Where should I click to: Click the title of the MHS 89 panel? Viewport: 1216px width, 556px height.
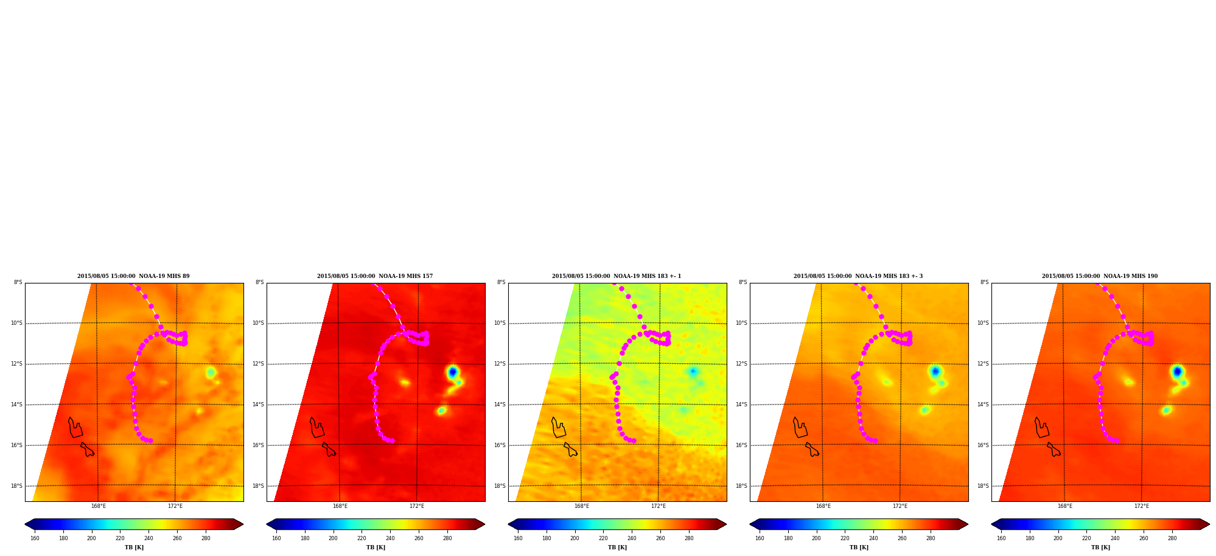tap(133, 276)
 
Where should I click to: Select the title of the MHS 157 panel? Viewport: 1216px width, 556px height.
tap(375, 276)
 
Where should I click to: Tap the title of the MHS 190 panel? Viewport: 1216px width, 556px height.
tap(1100, 276)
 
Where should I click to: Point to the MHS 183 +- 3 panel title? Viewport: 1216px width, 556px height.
tap(858, 276)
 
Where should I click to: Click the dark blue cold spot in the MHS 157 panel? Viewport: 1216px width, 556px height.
tap(452, 371)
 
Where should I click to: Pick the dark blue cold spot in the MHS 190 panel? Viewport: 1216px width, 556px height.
tap(1177, 371)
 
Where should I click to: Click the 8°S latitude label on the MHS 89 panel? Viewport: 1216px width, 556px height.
tap(18, 282)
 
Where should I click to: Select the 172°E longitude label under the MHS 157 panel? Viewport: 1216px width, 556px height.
tap(417, 506)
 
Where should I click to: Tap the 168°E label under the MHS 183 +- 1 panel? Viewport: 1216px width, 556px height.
tap(582, 506)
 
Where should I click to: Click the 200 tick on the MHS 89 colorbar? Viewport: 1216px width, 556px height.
tap(91, 538)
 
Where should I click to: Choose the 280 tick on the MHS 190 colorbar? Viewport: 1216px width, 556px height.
tap(1172, 538)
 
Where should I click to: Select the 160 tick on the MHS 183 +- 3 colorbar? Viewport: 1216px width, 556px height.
tap(760, 538)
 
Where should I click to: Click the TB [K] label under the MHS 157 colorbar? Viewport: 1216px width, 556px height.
tap(376, 547)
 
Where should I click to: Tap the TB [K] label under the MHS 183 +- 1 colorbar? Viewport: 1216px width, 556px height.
tap(617, 547)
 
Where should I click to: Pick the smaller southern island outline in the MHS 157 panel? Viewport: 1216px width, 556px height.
tap(329, 450)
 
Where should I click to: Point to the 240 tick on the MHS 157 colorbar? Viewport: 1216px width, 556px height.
tap(390, 538)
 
